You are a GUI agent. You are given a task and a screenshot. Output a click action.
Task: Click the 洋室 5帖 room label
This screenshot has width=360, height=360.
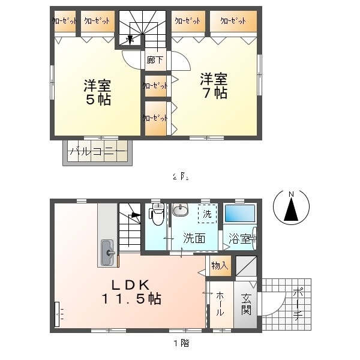pos(97,91)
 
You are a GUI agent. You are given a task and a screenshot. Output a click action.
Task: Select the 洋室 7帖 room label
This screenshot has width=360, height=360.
pos(214,85)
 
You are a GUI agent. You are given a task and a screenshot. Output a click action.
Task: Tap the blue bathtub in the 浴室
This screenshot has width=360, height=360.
pos(240,214)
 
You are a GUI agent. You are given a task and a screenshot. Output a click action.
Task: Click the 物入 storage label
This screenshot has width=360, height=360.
pos(219,265)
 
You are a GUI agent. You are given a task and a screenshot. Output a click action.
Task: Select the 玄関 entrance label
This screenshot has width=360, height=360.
pos(247,304)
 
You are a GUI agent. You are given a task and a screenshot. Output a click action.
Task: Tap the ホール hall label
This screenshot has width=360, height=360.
pos(220,304)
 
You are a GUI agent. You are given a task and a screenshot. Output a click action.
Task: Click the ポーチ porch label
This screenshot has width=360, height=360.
pos(297,304)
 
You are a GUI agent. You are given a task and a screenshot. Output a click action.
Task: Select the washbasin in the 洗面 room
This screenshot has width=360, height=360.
pos(180,211)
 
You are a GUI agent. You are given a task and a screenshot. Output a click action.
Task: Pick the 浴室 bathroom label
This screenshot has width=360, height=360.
pos(239,238)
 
